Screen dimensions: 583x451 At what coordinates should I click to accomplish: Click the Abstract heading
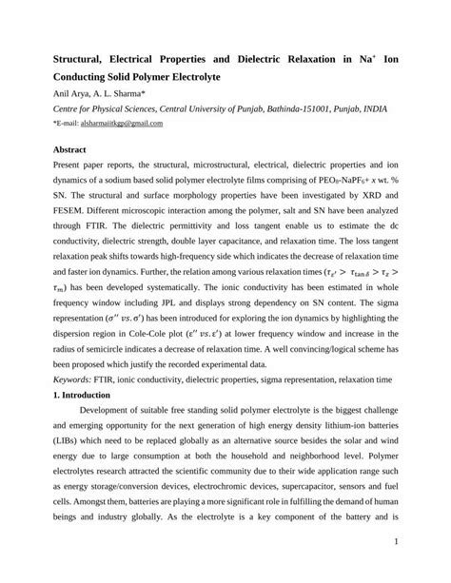pos(68,149)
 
